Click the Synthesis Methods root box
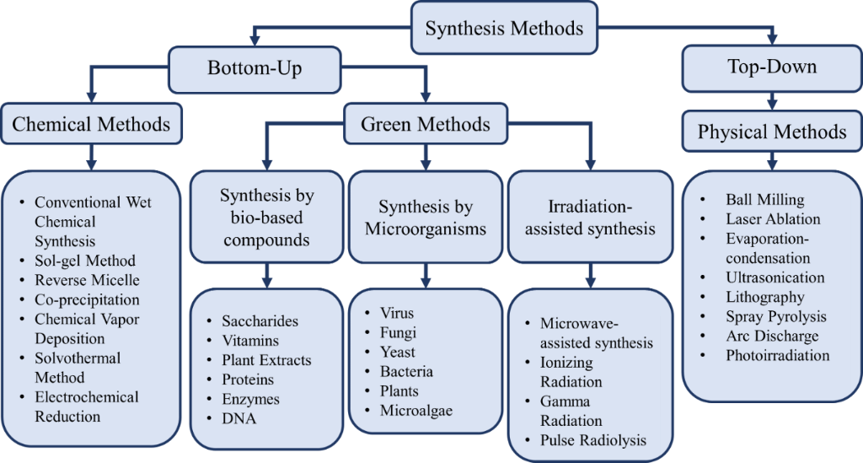[x=503, y=28]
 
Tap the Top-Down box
[x=772, y=67]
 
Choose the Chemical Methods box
[x=91, y=125]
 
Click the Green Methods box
[x=425, y=125]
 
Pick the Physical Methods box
[x=772, y=132]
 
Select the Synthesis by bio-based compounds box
[x=267, y=218]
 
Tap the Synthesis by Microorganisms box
[x=426, y=218]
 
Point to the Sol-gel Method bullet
[x=84, y=261]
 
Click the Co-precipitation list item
[x=87, y=299]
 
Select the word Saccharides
[x=260, y=321]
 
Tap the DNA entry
[x=239, y=418]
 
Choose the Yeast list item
[x=398, y=352]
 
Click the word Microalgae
[x=416, y=410]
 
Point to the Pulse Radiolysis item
[x=593, y=439]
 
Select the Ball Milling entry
[x=764, y=200]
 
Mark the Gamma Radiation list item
[x=571, y=411]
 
